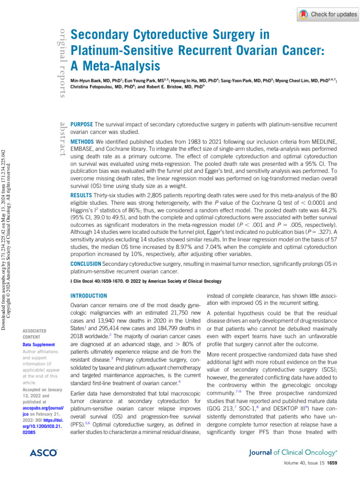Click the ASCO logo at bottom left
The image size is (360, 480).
coord(43,453)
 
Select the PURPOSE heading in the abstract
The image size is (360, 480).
coord(82,124)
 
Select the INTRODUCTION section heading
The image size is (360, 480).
coord(89,296)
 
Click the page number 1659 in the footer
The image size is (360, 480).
coord(345,464)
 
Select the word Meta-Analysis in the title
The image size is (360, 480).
coord(115,64)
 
